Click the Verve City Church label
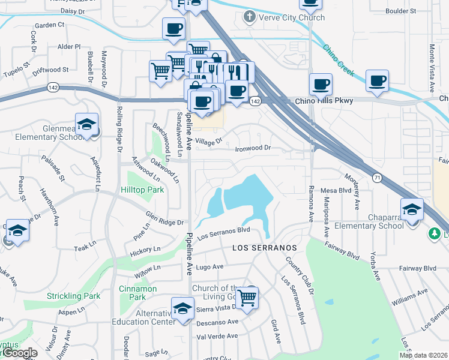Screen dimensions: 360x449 click(292, 17)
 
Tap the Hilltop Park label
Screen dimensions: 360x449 click(142, 190)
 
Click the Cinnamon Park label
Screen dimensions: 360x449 click(137, 293)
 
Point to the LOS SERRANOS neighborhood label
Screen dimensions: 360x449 click(265, 248)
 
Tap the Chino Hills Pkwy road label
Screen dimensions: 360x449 click(324, 101)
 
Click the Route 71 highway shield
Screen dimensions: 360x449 click(378, 178)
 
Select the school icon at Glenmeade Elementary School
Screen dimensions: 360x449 click(87, 125)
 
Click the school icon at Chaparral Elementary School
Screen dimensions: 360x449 click(412, 210)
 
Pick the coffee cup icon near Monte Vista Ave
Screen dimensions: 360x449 click(377, 80)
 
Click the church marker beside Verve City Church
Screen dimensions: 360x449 click(249, 17)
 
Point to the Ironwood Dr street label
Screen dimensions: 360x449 click(253, 148)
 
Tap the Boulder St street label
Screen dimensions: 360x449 click(401, 11)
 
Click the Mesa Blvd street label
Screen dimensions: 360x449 click(336, 190)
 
